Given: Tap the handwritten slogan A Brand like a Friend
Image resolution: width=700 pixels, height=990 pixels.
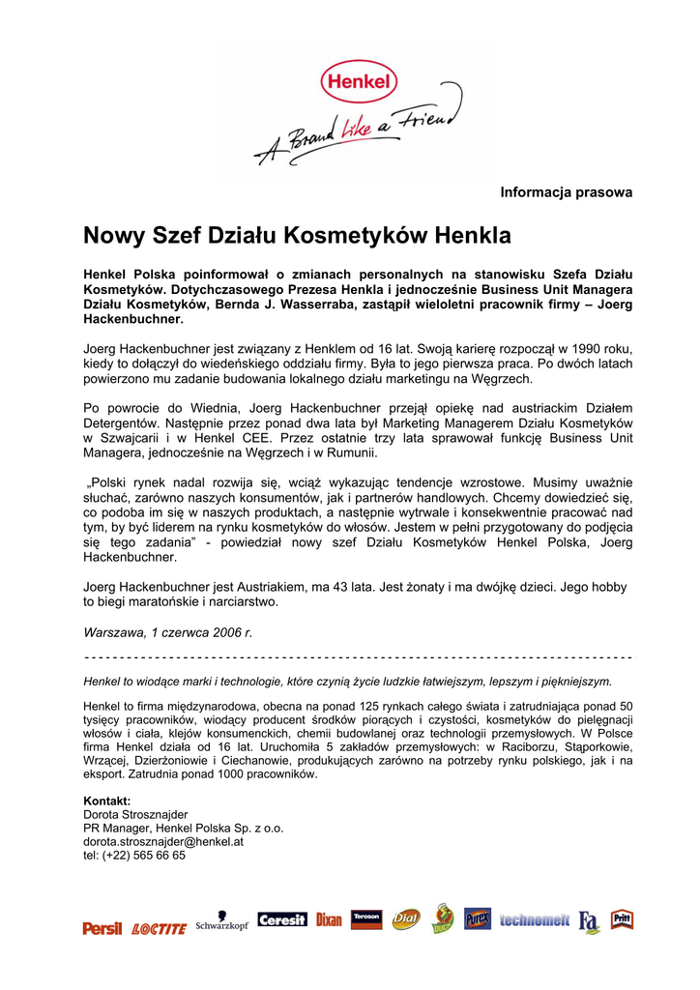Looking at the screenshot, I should (353, 135).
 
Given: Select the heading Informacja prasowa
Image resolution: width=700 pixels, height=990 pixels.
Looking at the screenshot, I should (566, 192).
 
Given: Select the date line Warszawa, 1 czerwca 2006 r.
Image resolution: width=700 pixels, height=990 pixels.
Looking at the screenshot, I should (167, 632).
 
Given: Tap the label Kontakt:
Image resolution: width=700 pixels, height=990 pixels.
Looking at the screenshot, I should (107, 801).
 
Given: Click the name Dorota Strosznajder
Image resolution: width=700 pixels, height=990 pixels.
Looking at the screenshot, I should (135, 815).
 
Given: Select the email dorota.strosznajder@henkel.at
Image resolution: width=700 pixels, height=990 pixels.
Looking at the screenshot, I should (163, 842).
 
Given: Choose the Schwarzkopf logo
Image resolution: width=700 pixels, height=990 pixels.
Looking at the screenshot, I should (222, 922).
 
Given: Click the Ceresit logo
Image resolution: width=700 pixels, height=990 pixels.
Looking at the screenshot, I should (282, 920).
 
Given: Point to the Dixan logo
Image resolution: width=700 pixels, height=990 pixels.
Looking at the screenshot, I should (329, 920).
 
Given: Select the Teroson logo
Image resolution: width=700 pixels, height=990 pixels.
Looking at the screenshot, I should (366, 918).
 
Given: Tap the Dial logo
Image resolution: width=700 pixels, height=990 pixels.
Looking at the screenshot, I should (406, 919).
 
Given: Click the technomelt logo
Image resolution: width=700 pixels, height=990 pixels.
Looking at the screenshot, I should (535, 920).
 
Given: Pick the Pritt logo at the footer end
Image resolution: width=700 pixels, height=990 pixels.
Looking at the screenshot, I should (622, 918).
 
